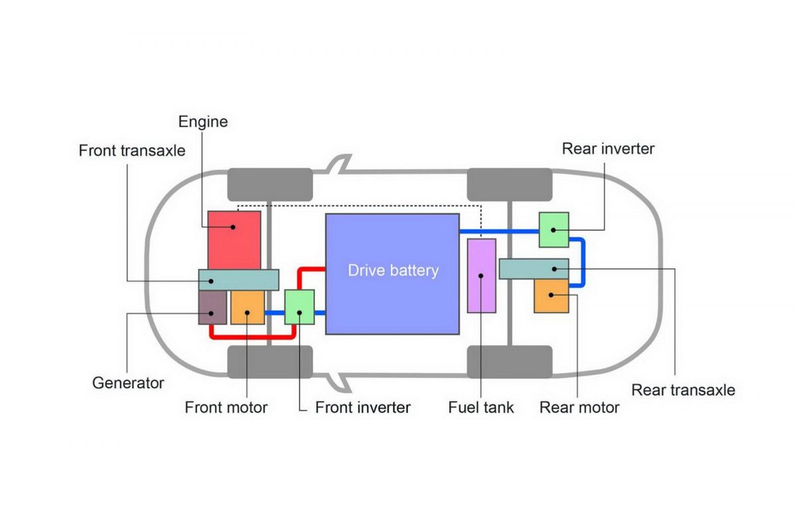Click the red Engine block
pos(234,239)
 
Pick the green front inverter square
pos(300,307)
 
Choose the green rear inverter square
pos(553,229)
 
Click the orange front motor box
pos(248,308)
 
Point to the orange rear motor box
pos(551,297)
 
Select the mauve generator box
pos(213,308)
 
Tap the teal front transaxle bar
pos(238,280)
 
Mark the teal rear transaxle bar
pos(533,269)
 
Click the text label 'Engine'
pos(203,122)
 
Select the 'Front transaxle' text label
pos(132,150)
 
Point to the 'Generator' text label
pos(128,383)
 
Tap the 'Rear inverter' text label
pos(608,148)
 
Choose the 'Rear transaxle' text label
pos(683,390)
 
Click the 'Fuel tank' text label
pos(481,407)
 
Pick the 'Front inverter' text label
pos(363,407)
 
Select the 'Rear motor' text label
pos(579,407)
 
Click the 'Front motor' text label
pos(226,407)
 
